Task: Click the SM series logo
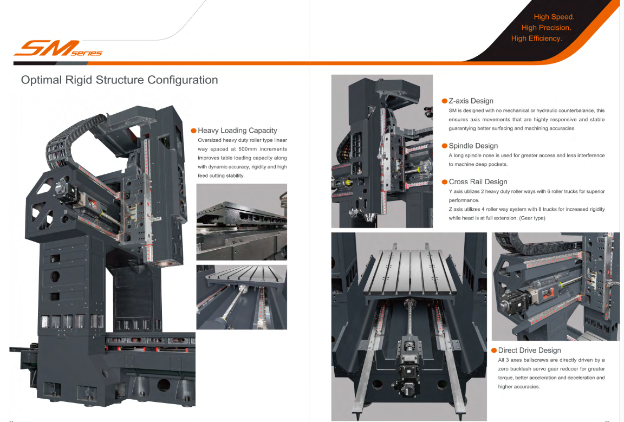point(57,50)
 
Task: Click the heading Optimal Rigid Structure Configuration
point(119,80)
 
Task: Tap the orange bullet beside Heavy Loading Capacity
point(193,131)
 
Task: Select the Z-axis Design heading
point(471,101)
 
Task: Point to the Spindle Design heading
point(473,146)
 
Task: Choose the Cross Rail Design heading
point(478,182)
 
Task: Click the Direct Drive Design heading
point(529,350)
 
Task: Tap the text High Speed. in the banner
point(554,17)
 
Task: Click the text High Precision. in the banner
point(546,28)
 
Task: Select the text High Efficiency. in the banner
point(536,38)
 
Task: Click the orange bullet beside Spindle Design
point(445,146)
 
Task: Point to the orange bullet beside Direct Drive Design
point(494,350)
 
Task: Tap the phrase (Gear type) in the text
point(531,218)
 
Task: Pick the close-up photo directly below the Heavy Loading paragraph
point(242,222)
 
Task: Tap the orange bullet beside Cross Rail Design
point(445,182)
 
